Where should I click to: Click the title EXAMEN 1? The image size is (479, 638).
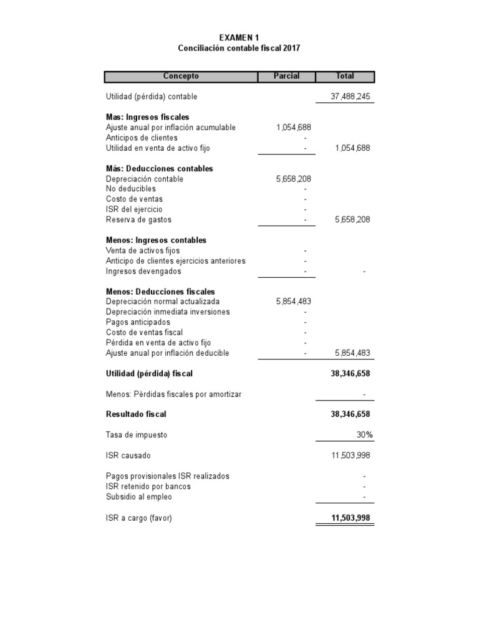(x=239, y=37)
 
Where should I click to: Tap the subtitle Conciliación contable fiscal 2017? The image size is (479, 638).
(x=239, y=48)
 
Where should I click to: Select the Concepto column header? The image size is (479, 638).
(x=181, y=76)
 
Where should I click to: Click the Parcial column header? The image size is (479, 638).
(x=286, y=76)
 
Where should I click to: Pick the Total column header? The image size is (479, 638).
(x=345, y=76)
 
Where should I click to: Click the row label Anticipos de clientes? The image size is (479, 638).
(x=142, y=138)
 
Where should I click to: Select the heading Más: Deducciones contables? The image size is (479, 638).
(x=159, y=169)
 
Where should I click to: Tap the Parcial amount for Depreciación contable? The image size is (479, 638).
(x=293, y=179)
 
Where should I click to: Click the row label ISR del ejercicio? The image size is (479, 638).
(x=134, y=209)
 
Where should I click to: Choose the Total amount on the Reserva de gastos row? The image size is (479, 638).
(x=352, y=220)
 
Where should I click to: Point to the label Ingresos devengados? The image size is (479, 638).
(x=143, y=271)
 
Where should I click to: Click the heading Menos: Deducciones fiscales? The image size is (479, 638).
(x=160, y=292)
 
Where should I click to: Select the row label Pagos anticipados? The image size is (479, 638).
(x=138, y=322)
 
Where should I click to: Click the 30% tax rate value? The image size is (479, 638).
(x=364, y=435)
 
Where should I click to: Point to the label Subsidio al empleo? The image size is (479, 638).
(x=138, y=497)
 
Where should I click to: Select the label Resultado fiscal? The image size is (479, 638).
(x=136, y=414)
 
